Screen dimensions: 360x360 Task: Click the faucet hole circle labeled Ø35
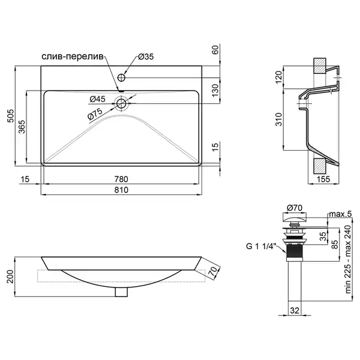coord(121,77)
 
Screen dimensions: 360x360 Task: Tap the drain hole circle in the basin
coord(121,104)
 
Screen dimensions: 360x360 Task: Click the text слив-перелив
coord(73,56)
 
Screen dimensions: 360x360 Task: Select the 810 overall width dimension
coord(121,190)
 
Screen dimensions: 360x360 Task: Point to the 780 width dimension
coord(121,179)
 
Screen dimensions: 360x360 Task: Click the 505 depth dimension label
coord(11,116)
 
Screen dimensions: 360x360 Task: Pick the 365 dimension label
coord(22,127)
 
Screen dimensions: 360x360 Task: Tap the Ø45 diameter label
coord(97,99)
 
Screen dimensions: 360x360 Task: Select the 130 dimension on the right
coord(215,90)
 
